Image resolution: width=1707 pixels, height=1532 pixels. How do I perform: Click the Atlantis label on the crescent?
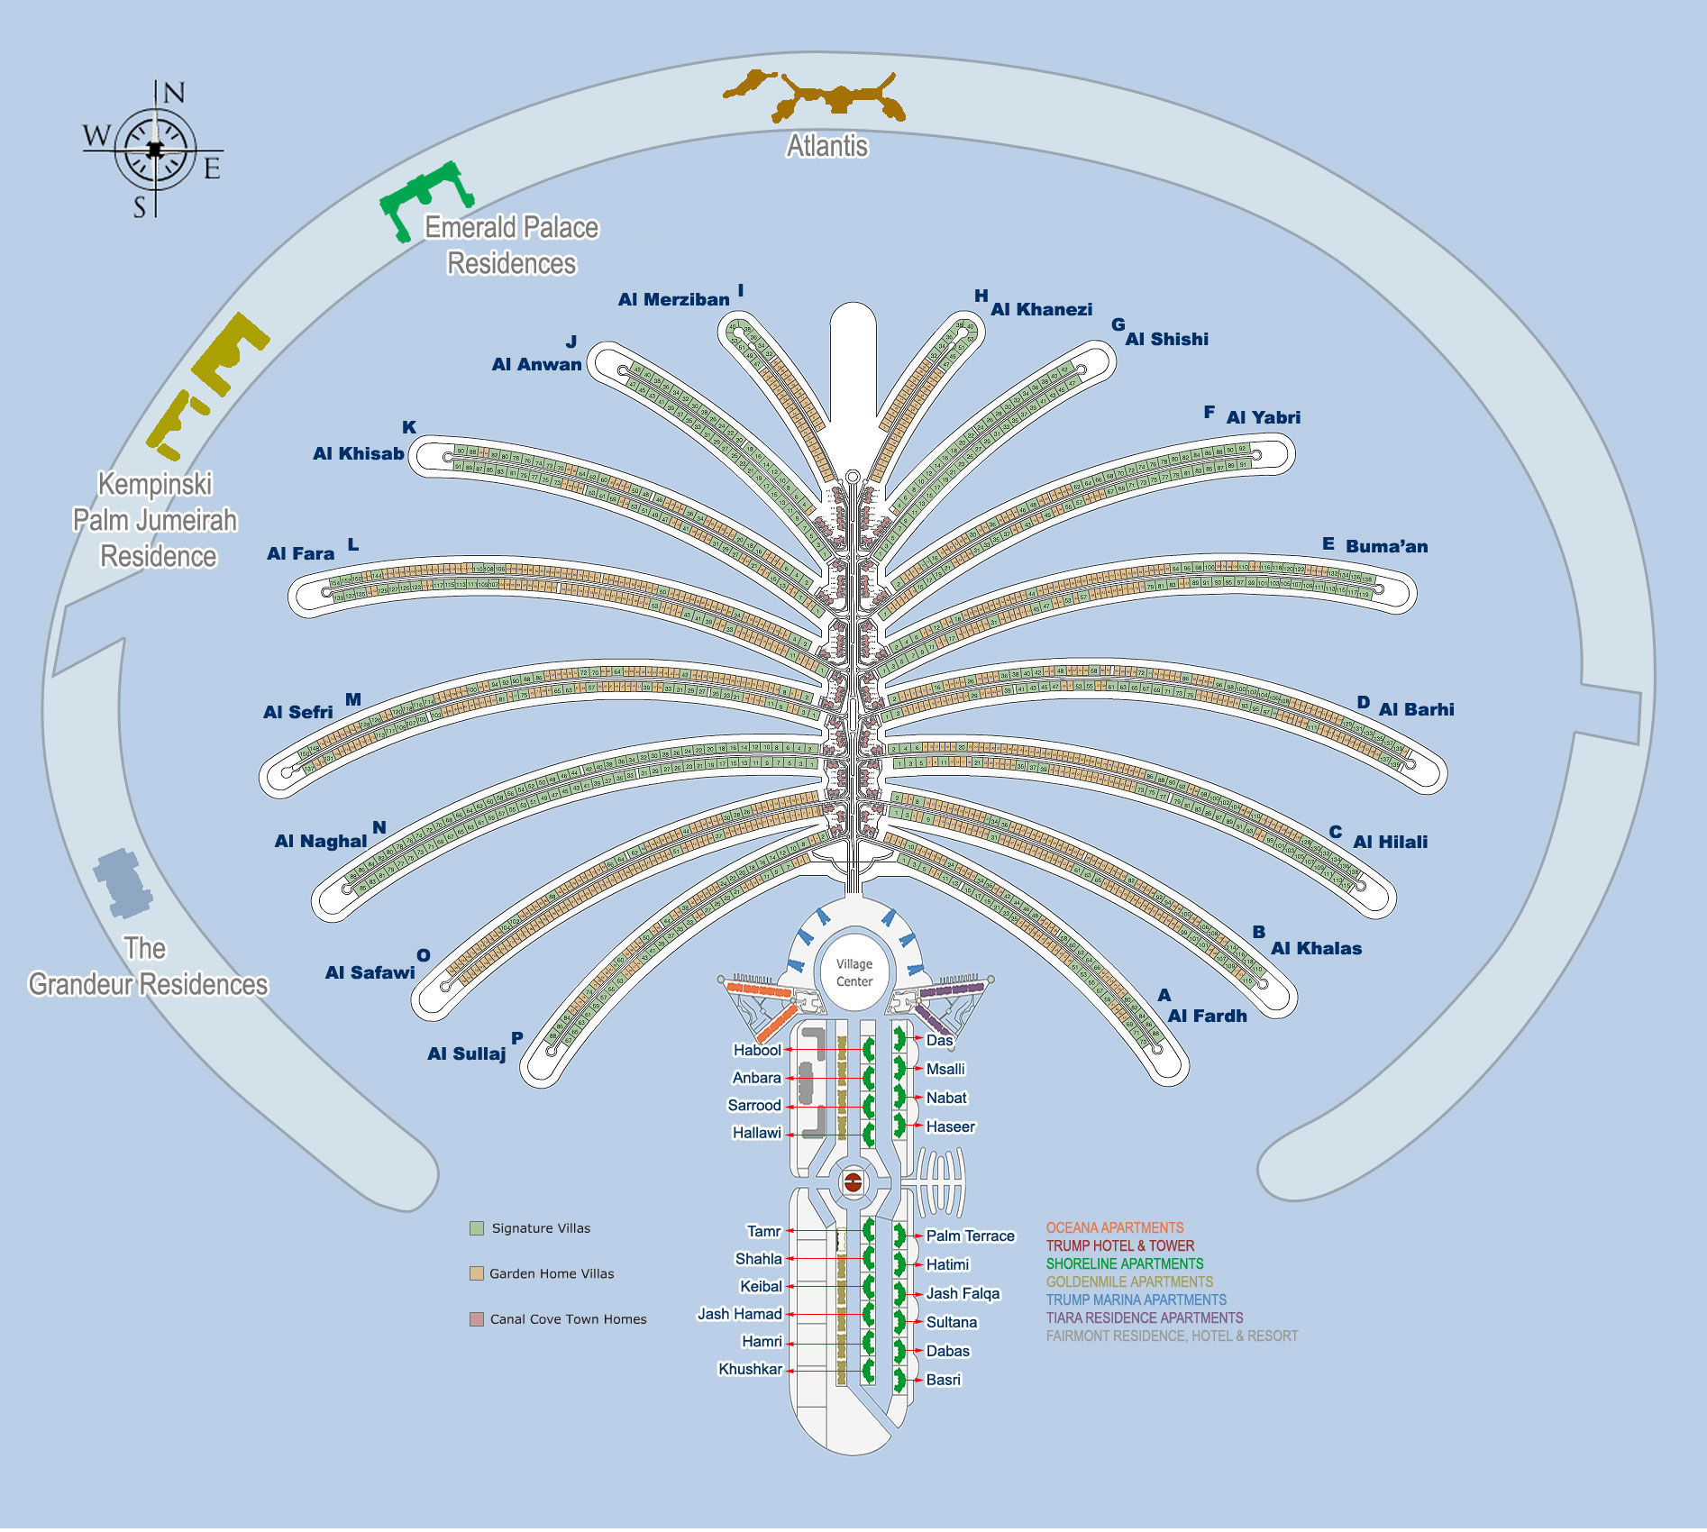[x=827, y=146]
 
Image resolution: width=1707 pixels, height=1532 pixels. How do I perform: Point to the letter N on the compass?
[x=174, y=93]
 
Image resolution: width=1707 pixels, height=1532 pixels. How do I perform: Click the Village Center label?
[x=853, y=972]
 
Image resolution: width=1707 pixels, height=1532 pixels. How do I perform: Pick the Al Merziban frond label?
[x=673, y=300]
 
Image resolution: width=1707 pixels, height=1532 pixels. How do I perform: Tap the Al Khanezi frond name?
[x=1041, y=310]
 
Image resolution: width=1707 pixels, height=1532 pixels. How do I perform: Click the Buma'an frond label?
[x=1386, y=546]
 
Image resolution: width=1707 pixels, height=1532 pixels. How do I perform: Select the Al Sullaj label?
[x=466, y=1053]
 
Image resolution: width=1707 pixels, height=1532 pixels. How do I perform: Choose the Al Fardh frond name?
[x=1207, y=1016]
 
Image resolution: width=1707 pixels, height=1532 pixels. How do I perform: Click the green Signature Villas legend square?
[x=477, y=1228]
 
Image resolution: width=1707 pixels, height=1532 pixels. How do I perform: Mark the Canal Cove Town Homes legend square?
[x=477, y=1319]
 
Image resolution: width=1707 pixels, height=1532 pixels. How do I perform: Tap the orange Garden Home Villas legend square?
[x=477, y=1273]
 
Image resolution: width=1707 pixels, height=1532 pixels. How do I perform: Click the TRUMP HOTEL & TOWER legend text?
[x=1119, y=1245]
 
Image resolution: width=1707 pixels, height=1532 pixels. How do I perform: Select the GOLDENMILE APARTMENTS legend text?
[x=1129, y=1281]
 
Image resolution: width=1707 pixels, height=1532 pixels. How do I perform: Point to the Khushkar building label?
[x=750, y=1369]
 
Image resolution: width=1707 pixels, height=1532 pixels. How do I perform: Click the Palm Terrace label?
[x=970, y=1236]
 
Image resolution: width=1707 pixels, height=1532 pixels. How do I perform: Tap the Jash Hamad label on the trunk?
[x=739, y=1314]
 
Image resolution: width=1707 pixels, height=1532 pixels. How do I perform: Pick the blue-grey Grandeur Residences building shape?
[x=123, y=882]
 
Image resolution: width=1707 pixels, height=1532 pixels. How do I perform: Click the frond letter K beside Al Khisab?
[x=409, y=427]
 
